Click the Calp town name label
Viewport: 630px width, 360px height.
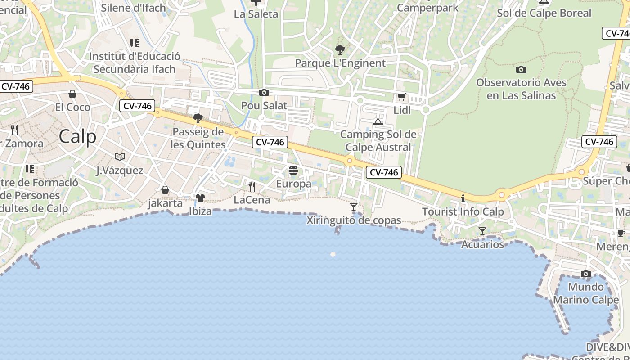click(x=77, y=136)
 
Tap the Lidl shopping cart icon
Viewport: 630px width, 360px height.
click(x=401, y=97)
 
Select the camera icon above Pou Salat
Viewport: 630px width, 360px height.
click(x=264, y=93)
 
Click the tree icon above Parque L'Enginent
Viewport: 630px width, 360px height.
click(x=340, y=49)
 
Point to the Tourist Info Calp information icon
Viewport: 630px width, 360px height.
click(x=463, y=198)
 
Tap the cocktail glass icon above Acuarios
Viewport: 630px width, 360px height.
click(x=482, y=231)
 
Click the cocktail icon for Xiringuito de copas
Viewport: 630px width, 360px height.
click(x=354, y=207)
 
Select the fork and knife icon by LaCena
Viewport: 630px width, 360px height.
click(x=252, y=186)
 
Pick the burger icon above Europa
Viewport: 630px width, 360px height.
click(x=293, y=171)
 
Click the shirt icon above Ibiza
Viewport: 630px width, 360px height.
click(x=200, y=198)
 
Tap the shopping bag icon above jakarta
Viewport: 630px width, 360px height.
click(x=165, y=190)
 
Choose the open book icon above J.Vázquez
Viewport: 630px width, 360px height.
click(x=120, y=157)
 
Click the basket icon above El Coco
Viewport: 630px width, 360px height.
click(x=72, y=94)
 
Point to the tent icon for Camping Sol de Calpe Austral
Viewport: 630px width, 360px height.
click(x=378, y=121)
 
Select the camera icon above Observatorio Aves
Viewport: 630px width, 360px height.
click(x=521, y=69)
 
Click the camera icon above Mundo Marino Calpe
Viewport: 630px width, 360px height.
click(x=586, y=274)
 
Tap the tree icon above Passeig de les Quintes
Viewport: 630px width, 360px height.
click(x=198, y=118)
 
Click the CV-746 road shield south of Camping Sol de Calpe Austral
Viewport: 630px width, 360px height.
click(x=383, y=172)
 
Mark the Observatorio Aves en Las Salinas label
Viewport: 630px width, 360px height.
click(x=521, y=89)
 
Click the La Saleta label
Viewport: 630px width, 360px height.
click(x=256, y=14)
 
